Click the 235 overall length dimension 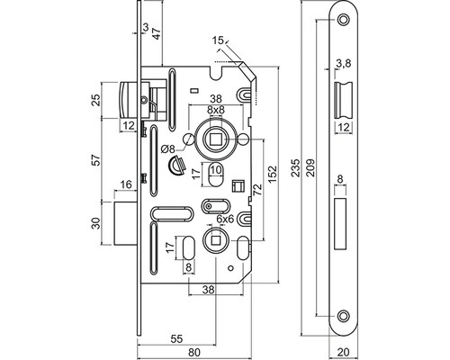(296, 167)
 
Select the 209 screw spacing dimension (310, 167)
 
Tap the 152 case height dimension (273, 175)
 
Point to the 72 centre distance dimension (257, 190)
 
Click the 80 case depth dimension (194, 352)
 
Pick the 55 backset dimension (176, 338)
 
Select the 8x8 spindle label (216, 110)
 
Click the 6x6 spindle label (225, 219)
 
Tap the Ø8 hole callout (167, 148)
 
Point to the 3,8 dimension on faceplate (344, 63)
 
